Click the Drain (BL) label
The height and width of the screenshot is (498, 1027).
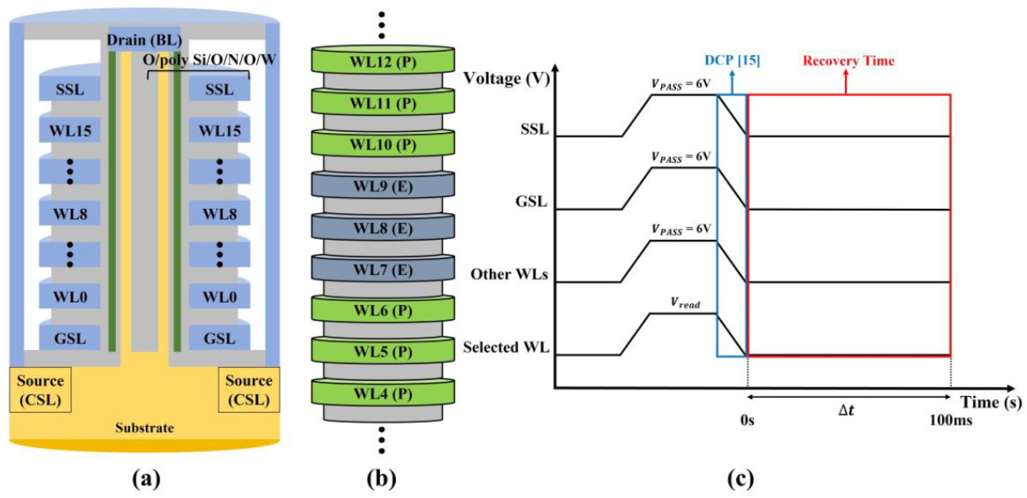pos(144,40)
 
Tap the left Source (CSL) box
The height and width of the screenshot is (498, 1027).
pos(40,390)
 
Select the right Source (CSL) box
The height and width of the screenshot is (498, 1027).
pos(249,390)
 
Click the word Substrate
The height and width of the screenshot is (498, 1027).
pos(144,428)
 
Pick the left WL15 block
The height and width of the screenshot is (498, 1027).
pos(70,131)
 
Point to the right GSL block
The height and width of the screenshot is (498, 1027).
pos(220,339)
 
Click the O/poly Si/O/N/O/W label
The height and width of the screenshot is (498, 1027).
pos(209,60)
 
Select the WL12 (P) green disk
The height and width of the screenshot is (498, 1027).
pos(383,62)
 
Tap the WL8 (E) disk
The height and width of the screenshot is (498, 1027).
pos(383,228)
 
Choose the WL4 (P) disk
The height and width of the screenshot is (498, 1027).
pos(383,394)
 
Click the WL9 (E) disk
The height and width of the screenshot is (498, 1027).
pos(383,186)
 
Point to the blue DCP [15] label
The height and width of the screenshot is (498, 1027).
pos(732,60)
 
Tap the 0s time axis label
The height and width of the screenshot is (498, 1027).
pos(747,420)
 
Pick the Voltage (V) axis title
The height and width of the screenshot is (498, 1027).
pos(506,79)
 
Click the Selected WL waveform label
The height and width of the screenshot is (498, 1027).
pos(506,347)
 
